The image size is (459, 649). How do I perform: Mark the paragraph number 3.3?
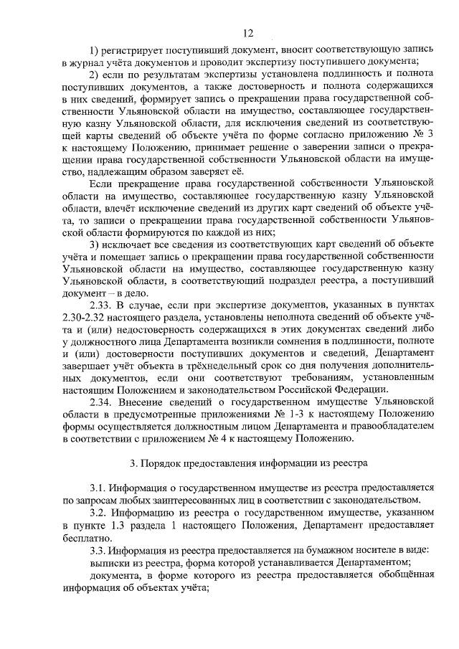(x=98, y=551)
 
